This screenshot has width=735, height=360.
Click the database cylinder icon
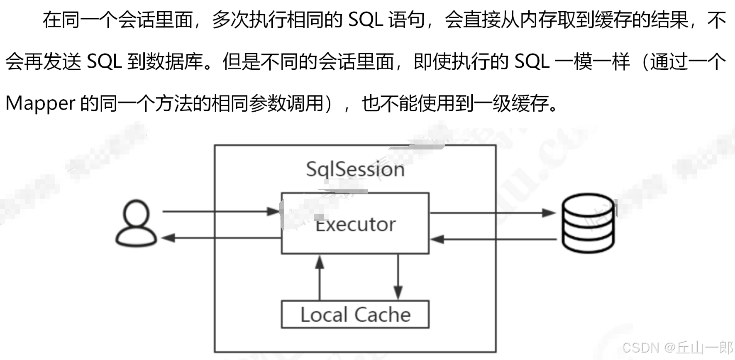[588, 223]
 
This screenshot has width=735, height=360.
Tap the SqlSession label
[355, 169]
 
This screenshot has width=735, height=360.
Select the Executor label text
[356, 225]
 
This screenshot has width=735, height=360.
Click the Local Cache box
[355, 315]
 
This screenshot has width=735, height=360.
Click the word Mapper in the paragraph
[40, 103]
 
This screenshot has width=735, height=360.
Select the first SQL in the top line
[365, 20]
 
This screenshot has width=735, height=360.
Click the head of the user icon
[136, 212]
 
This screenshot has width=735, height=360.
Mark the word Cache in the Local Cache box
[382, 315]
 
